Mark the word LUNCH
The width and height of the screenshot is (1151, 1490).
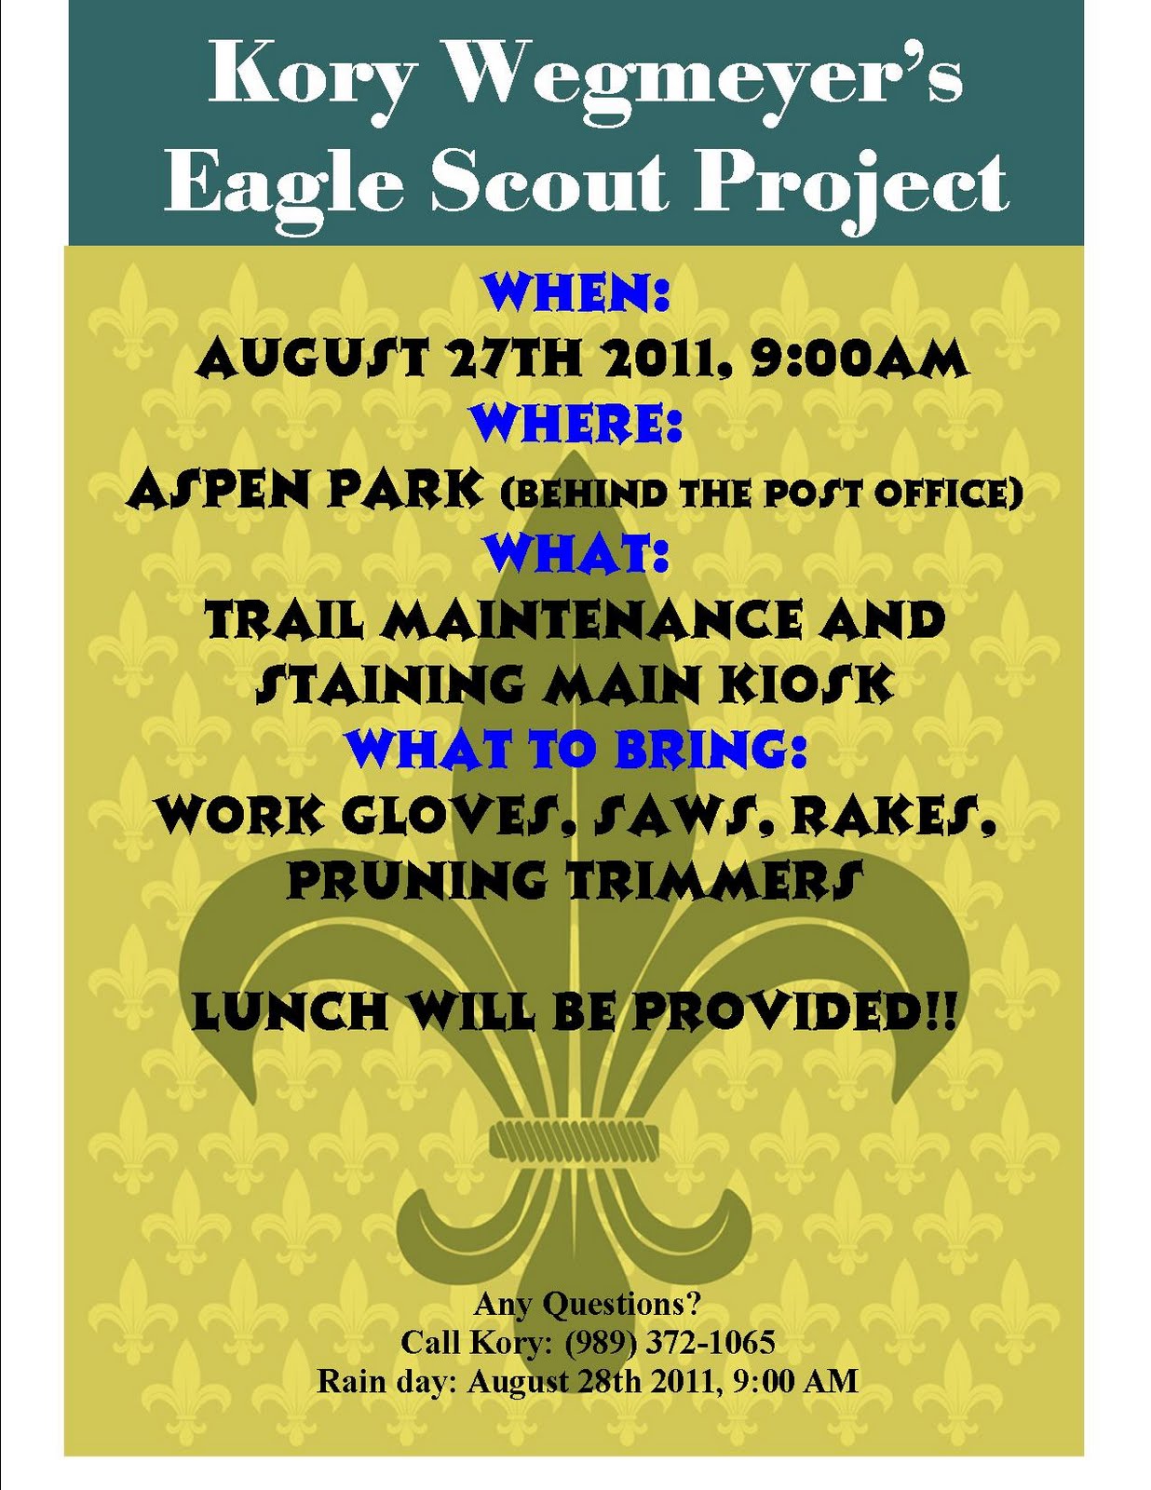[289, 1011]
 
